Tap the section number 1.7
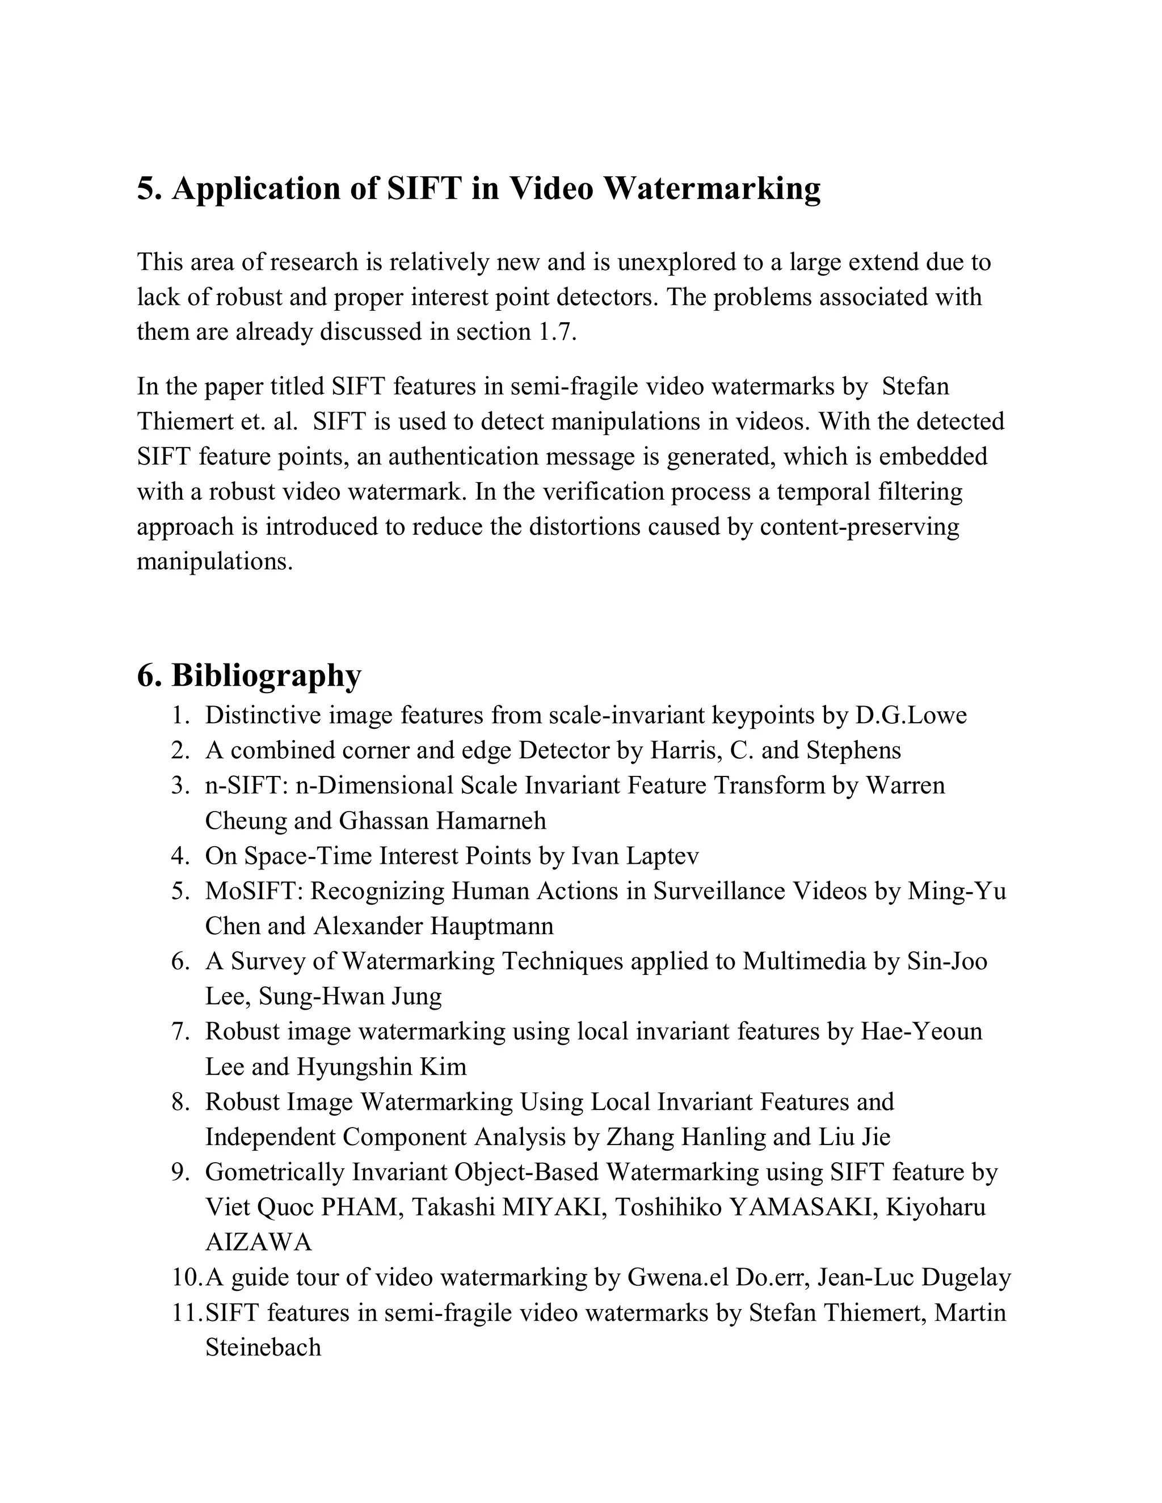[x=555, y=332]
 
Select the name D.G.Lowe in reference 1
[x=911, y=715]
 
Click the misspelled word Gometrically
[x=274, y=1171]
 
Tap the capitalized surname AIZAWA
[x=258, y=1242]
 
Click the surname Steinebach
[x=263, y=1347]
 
